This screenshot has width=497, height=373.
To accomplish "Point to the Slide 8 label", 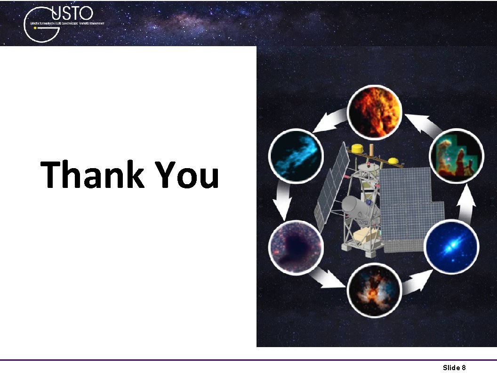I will pyautogui.click(x=454, y=367).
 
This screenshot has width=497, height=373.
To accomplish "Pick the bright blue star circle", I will pyautogui.click(x=451, y=246).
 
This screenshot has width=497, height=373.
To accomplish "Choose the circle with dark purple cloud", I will pyautogui.click(x=296, y=246).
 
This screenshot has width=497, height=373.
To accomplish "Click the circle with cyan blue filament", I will pyautogui.click(x=296, y=155).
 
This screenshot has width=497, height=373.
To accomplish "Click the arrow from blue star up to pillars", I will pyautogui.click(x=467, y=203).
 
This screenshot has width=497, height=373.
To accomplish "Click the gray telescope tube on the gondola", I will pyautogui.click(x=354, y=208).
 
